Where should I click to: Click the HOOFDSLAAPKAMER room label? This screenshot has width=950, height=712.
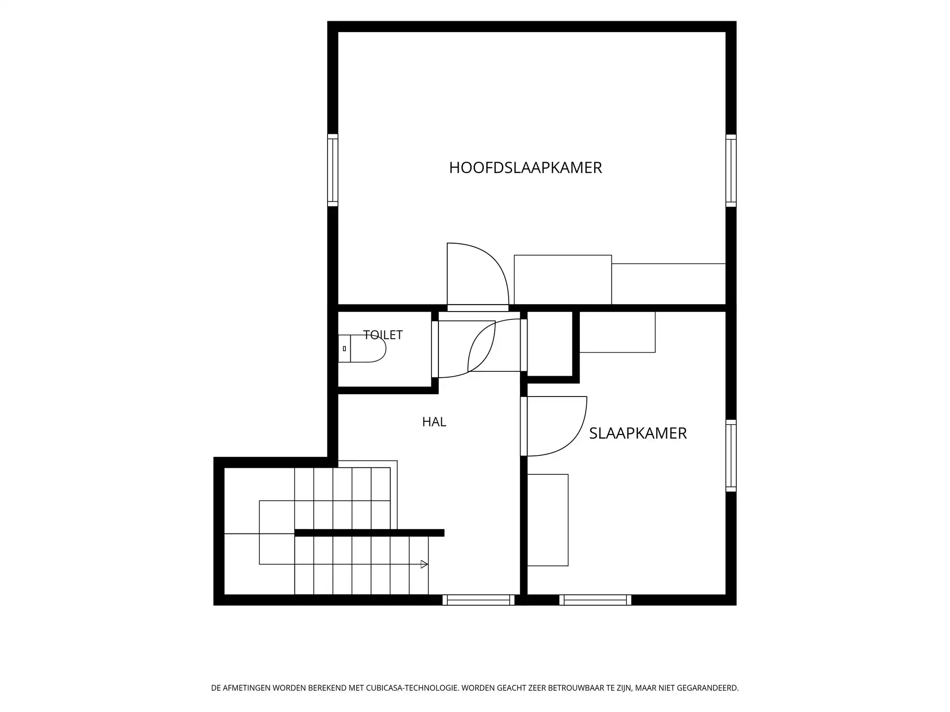coord(525,168)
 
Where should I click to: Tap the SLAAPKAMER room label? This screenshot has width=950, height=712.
coord(638,434)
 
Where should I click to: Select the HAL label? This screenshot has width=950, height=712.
coord(434,422)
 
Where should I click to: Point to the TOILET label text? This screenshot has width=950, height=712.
coord(383,335)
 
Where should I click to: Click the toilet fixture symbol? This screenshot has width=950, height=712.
coord(362,349)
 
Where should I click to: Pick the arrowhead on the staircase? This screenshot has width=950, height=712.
coord(424,564)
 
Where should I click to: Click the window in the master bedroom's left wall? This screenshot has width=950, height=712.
coord(333,170)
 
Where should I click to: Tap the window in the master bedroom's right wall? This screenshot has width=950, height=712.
coord(731,171)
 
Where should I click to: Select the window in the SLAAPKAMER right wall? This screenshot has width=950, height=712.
coord(731,455)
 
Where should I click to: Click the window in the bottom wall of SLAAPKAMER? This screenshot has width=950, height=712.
coord(595,600)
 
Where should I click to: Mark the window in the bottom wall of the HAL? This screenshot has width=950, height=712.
coord(478,600)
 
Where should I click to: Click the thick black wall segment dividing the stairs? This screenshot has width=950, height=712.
coord(369,533)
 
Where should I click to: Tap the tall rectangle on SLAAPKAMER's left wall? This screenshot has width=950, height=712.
coord(548,520)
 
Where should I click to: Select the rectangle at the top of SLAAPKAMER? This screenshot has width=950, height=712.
coord(617,332)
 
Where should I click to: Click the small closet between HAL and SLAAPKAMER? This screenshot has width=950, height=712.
coord(550,344)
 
